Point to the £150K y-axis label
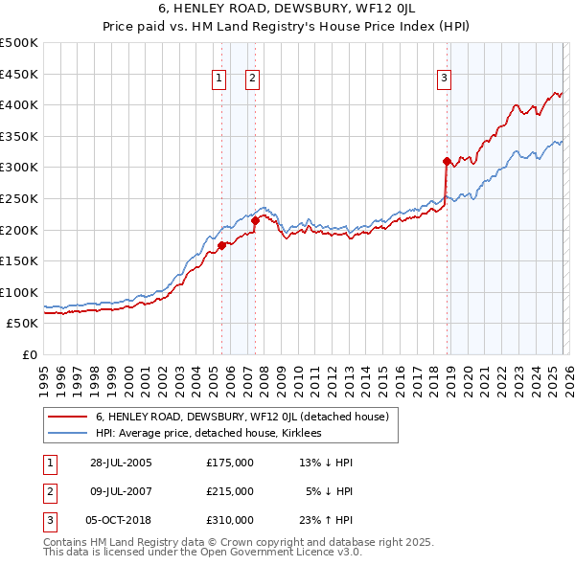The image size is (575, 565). tap(19, 260)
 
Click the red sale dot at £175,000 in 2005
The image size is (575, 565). tap(221, 245)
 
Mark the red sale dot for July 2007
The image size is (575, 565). tap(255, 220)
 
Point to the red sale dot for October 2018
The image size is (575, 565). tap(447, 161)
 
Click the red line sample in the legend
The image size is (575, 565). tap(67, 418)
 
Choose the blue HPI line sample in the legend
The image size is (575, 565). tap(67, 434)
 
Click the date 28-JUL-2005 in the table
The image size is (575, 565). tap(121, 463)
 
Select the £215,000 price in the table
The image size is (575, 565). tap(230, 491)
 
